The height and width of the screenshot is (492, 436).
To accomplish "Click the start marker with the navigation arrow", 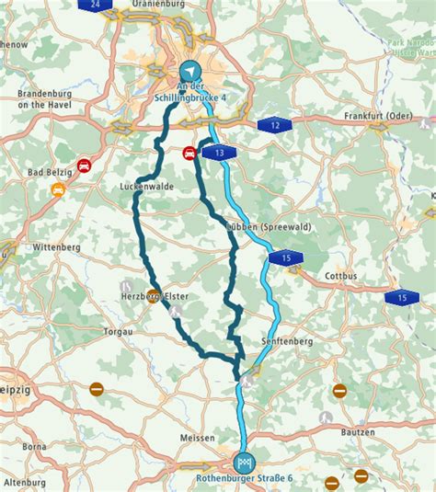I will pyautogui.click(x=189, y=70).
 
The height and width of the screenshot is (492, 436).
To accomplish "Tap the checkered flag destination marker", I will pyautogui.click(x=244, y=462).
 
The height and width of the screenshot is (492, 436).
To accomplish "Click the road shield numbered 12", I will pyautogui.click(x=274, y=124).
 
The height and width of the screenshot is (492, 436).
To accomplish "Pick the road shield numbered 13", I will pyautogui.click(x=218, y=152).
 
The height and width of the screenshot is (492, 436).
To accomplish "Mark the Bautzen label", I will pyautogui.click(x=356, y=431).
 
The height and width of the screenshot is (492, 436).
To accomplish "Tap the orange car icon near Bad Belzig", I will pyautogui.click(x=58, y=190).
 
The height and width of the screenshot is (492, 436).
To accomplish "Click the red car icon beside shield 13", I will pyautogui.click(x=189, y=152).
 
